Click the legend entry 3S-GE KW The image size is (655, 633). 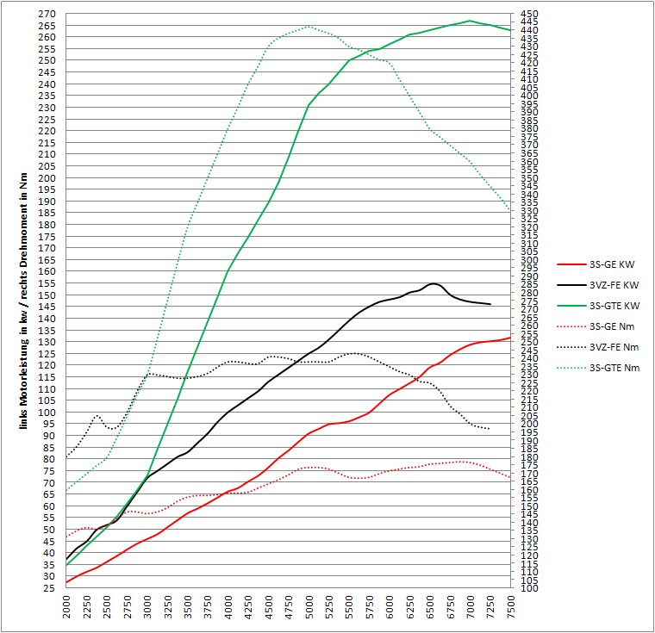[x=589, y=265]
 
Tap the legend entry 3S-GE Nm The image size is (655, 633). [x=589, y=326]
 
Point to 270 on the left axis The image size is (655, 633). [x=47, y=15]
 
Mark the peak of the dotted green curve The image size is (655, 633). [x=309, y=26]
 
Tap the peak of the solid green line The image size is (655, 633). [x=471, y=21]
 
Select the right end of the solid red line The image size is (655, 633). [x=511, y=338]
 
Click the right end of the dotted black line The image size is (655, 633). [x=490, y=429]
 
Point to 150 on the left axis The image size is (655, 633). [x=47, y=295]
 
